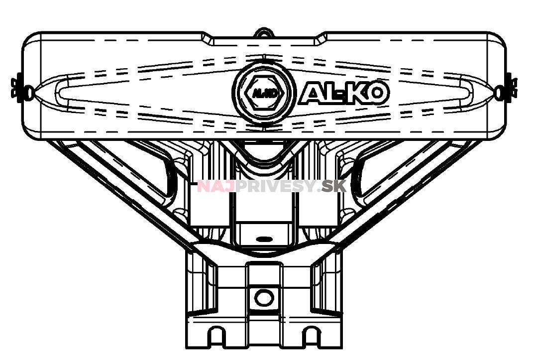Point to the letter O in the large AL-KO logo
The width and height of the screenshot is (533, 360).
[x=376, y=94]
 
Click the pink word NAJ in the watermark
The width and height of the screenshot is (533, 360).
[x=216, y=187]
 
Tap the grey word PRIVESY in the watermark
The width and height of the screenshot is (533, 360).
[x=276, y=187]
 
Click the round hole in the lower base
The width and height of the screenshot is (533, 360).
[x=264, y=298]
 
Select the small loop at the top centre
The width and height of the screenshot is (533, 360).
[x=264, y=33]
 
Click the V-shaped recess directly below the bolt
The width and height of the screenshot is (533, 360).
[x=264, y=152]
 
